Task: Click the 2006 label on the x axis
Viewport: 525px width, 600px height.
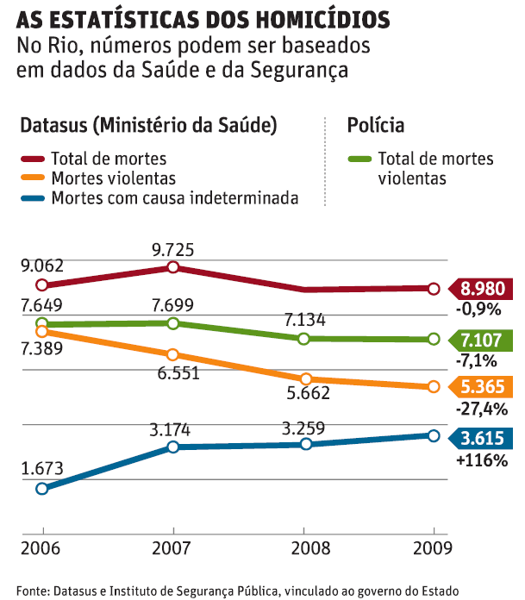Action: pos(41,548)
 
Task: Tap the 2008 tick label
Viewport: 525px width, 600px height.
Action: pos(304,548)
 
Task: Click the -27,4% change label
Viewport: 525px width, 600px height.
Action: pos(483,408)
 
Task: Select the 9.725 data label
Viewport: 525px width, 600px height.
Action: pos(173,251)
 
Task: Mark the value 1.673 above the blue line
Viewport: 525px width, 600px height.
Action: pos(41,469)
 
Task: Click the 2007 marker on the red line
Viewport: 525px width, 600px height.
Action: pos(173,267)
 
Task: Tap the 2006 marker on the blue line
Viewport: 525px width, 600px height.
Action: pos(41,489)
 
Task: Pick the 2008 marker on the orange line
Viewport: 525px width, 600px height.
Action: pos(304,378)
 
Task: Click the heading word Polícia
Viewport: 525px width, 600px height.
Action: pos(376,126)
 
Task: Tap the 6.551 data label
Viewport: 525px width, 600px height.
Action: pos(173,372)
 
